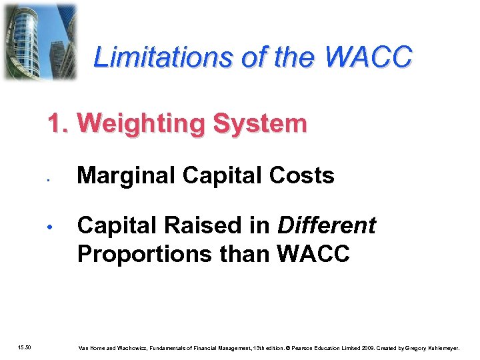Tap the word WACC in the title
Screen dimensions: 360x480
click(x=369, y=58)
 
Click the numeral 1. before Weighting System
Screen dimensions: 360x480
click(x=58, y=123)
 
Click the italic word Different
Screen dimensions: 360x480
click(x=327, y=226)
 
